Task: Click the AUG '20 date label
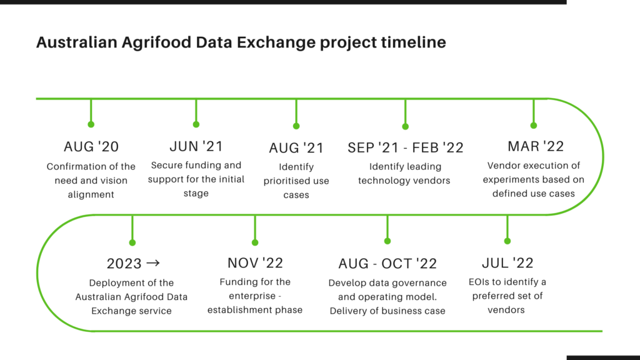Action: [x=91, y=146]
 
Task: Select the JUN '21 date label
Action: [x=196, y=146]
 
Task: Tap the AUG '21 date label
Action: [x=296, y=147]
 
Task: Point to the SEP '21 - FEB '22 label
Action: [x=405, y=147]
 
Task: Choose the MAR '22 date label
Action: [x=536, y=146]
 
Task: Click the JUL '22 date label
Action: [x=507, y=263]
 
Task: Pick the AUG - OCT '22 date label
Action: [x=387, y=264]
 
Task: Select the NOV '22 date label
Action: [x=255, y=263]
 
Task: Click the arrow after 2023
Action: [x=153, y=263]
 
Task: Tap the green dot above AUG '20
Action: [x=91, y=124]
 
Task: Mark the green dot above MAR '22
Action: [x=534, y=125]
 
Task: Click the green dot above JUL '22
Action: [x=507, y=241]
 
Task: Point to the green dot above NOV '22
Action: [x=255, y=242]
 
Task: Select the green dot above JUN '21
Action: [x=196, y=124]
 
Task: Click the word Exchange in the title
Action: [x=276, y=42]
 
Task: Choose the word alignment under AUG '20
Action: [x=91, y=195]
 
